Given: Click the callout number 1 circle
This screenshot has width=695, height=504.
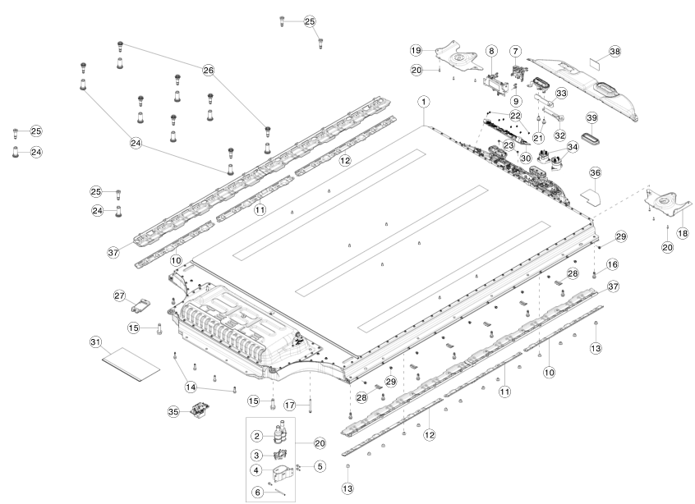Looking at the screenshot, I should [x=424, y=102].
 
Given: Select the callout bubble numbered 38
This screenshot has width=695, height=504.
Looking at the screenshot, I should [x=614, y=52].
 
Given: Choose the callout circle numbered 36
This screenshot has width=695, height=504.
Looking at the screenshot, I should [x=596, y=173].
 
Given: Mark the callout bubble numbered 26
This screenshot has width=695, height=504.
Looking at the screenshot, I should [x=208, y=71].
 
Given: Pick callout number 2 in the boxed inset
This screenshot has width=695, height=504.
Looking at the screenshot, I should [x=257, y=436].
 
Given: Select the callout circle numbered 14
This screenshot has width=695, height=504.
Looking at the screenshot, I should [x=190, y=387].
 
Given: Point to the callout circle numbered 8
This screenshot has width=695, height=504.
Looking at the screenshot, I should [x=491, y=51].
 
